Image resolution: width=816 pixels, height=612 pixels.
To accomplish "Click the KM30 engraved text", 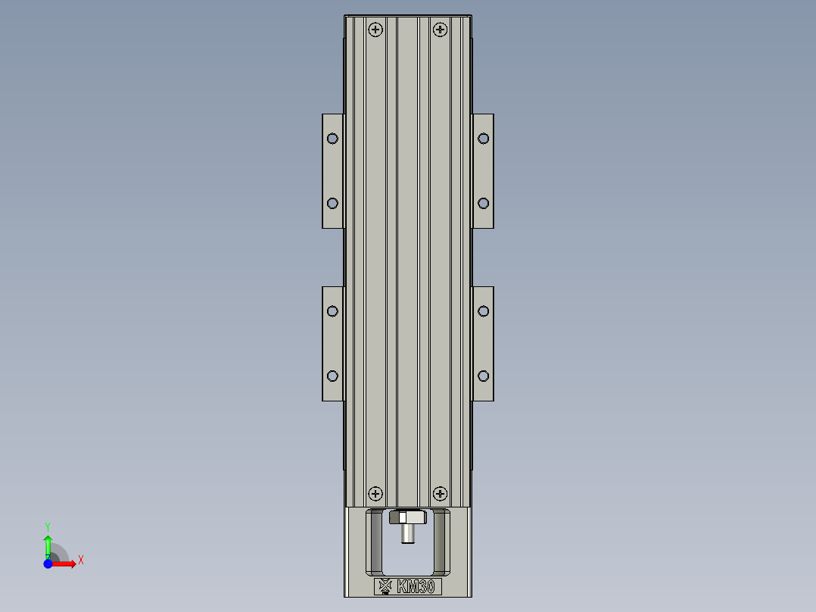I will click(x=416, y=586).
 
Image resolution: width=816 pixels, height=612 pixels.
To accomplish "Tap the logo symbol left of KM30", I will click(x=385, y=585).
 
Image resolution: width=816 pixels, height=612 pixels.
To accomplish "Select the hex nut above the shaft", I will click(x=407, y=518).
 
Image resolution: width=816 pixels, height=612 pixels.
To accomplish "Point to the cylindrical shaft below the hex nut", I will click(x=407, y=535).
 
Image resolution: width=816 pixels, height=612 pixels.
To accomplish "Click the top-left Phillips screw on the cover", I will click(x=375, y=30).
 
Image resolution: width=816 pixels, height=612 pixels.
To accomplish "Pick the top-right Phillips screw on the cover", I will click(x=440, y=30).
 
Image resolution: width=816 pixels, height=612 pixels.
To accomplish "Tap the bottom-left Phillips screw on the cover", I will click(x=375, y=494).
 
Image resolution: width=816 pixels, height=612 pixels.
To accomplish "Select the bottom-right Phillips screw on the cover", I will click(x=440, y=494).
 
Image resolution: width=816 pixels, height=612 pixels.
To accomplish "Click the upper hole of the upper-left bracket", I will click(x=332, y=138).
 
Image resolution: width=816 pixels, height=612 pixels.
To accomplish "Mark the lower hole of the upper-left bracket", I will click(x=332, y=203).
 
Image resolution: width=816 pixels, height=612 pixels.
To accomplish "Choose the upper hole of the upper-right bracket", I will click(x=484, y=138).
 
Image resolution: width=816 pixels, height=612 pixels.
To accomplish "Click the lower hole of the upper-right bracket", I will click(x=484, y=203).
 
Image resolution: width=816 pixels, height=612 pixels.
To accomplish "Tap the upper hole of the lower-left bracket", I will click(x=332, y=311).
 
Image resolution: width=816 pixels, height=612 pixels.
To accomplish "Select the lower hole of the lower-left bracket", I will click(x=332, y=376).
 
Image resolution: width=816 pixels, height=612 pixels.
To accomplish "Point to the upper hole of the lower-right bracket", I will click(x=484, y=311).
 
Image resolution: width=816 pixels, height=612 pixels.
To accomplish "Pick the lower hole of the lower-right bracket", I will click(x=484, y=376).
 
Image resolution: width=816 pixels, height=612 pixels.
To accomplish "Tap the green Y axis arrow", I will click(x=48, y=544).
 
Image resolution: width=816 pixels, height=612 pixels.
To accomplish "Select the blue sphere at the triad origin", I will click(x=48, y=564).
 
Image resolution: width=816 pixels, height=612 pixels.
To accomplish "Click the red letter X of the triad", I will click(x=80, y=560).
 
